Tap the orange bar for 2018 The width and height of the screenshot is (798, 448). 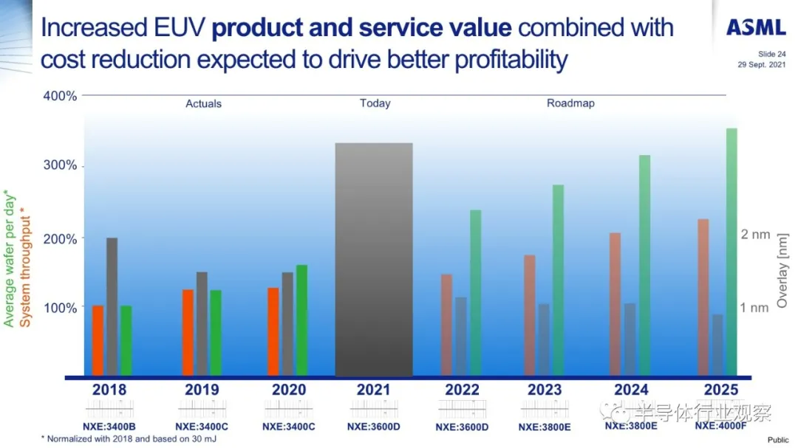click(98, 340)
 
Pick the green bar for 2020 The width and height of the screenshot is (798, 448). click(301, 320)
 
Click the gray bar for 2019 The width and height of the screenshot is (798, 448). click(202, 324)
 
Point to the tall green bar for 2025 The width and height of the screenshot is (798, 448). click(731, 252)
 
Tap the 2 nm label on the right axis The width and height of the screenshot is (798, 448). click(755, 235)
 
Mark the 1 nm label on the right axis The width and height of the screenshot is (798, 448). click(755, 308)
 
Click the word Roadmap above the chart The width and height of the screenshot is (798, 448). click(570, 103)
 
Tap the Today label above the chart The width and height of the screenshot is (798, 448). click(375, 103)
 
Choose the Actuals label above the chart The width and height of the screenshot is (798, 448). click(203, 104)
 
